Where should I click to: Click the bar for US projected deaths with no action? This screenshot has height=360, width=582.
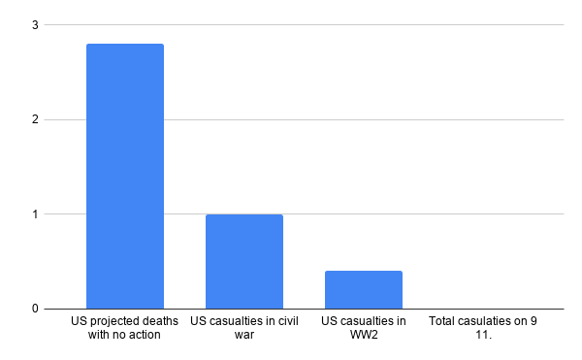click(x=125, y=176)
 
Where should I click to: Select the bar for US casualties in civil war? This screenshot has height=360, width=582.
click(x=243, y=261)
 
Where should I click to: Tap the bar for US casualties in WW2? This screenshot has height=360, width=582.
click(x=363, y=289)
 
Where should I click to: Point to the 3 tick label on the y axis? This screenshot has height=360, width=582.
click(x=35, y=25)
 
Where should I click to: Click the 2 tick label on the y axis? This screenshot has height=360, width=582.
click(x=35, y=120)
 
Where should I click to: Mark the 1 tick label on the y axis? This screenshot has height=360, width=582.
click(x=35, y=214)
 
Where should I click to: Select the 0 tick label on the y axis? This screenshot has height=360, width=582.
click(x=35, y=309)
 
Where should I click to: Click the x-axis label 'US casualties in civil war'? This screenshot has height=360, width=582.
click(x=243, y=328)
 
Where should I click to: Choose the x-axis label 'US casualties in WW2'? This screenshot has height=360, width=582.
click(x=363, y=328)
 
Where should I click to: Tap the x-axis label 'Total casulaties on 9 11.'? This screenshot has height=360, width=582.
click(x=482, y=328)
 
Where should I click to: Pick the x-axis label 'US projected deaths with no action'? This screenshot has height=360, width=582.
click(x=125, y=328)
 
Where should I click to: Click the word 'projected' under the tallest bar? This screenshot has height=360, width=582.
click(x=115, y=321)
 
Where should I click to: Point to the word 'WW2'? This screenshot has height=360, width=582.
click(x=363, y=336)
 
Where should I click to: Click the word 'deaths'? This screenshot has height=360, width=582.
click(x=161, y=321)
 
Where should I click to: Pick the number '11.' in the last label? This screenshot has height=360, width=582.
click(x=482, y=336)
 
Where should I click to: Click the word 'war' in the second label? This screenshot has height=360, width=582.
click(x=243, y=336)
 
